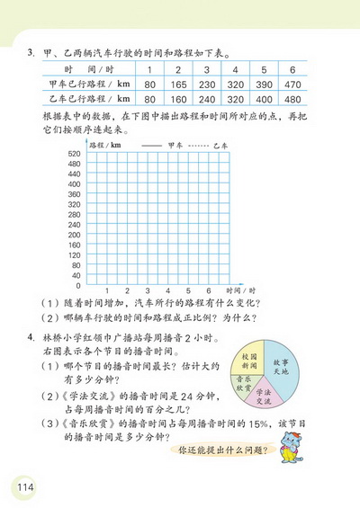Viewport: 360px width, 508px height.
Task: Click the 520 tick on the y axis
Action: (x=75, y=155)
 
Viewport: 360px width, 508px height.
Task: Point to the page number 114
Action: (x=24, y=486)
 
